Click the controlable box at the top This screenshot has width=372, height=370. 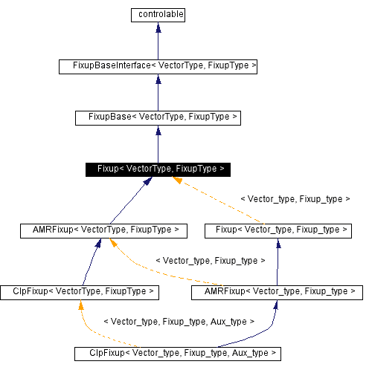(157, 14)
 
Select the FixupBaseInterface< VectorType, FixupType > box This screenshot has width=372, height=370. (158, 66)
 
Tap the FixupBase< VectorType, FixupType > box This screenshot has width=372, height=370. (157, 117)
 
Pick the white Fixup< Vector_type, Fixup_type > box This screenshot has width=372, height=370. (278, 230)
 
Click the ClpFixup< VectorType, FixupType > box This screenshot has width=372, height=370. (80, 292)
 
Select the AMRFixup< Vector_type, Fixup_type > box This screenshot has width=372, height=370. (277, 292)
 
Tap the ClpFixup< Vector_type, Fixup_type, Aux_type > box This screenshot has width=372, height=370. (177, 353)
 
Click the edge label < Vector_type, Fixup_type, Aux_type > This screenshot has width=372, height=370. (179, 322)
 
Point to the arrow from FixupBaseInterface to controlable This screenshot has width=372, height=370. (157, 40)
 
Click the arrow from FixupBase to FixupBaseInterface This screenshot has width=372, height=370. (157, 92)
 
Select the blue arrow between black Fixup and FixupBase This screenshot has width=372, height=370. (157, 143)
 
